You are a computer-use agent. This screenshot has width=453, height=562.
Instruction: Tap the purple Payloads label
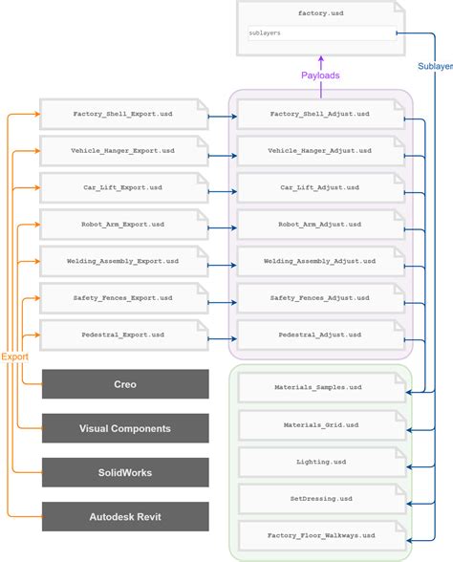click(321, 75)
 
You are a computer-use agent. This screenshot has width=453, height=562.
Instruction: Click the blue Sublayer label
click(436, 66)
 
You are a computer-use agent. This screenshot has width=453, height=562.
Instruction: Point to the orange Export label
click(14, 357)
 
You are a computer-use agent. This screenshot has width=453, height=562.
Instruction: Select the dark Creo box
click(125, 384)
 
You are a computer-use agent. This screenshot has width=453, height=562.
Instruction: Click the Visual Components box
click(125, 428)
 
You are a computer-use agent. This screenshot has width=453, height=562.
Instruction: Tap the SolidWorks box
click(125, 472)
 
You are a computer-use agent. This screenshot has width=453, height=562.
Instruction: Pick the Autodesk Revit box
click(125, 516)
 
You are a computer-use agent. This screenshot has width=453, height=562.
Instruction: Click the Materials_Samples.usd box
click(319, 388)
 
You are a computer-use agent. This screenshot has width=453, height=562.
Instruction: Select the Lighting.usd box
click(319, 462)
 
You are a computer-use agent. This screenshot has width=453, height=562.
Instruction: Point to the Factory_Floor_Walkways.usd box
click(319, 535)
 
